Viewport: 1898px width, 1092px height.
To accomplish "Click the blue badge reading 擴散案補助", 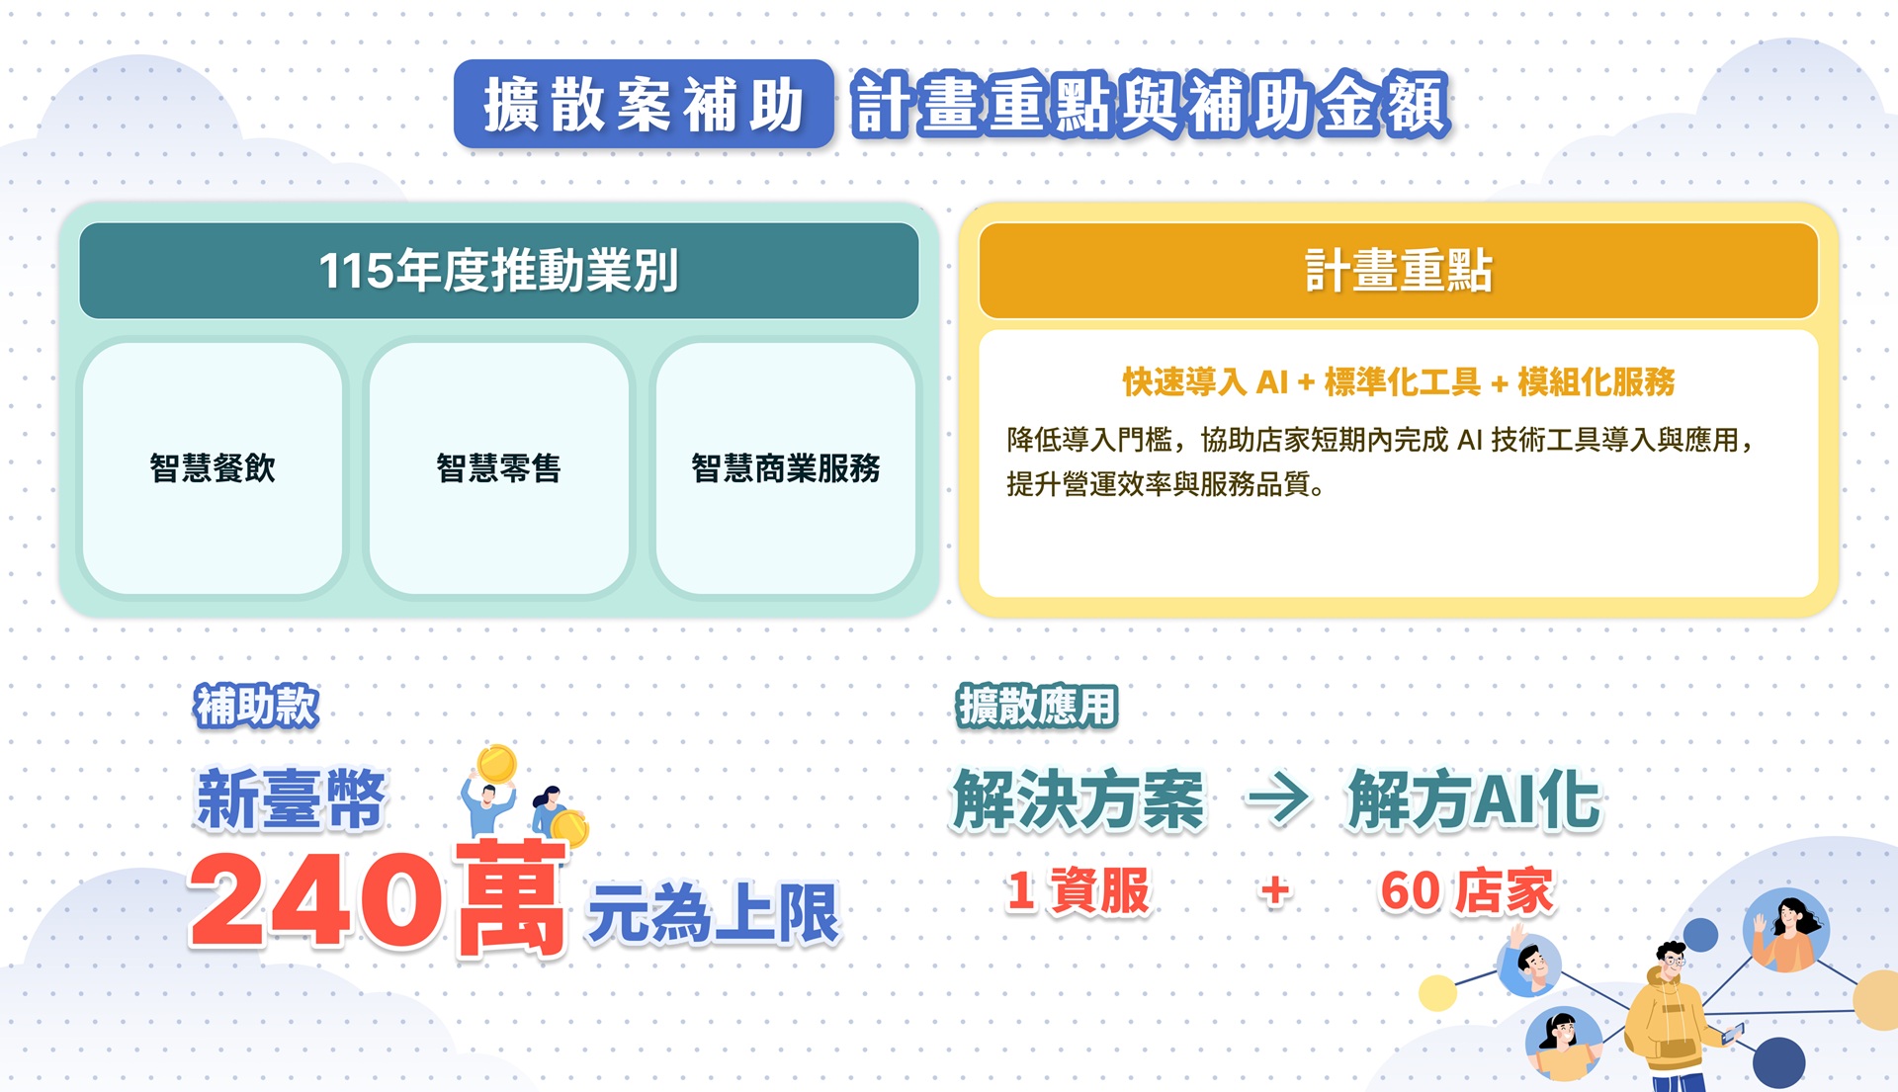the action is click(644, 104).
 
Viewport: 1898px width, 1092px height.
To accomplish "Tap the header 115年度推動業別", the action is click(499, 270).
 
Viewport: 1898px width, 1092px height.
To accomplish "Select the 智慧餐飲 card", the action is click(213, 467).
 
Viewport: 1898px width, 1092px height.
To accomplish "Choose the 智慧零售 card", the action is click(499, 467).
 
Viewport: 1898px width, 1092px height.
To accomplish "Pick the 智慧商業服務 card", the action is click(786, 467).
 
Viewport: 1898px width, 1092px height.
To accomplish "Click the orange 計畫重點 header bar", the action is click(1398, 270).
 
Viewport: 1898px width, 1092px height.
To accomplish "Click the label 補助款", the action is click(256, 706).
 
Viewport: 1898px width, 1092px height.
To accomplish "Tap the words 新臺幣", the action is click(291, 798).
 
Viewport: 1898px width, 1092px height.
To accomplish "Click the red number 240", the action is click(315, 900).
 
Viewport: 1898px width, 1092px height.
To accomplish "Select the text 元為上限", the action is click(713, 913).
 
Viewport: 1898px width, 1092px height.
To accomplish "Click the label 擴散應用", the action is click(1037, 706).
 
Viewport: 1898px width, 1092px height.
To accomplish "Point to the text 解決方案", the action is click(1078, 798).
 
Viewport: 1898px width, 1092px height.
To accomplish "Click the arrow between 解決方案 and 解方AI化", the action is click(1278, 798).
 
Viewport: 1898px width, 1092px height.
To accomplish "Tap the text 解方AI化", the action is click(1474, 798).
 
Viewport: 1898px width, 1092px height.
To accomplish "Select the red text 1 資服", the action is click(1078, 890).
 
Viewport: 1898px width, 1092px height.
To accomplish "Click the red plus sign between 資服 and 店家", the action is click(1275, 890).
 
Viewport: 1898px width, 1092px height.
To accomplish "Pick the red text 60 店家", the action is click(1467, 890).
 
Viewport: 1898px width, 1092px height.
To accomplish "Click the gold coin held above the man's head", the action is click(496, 764).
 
